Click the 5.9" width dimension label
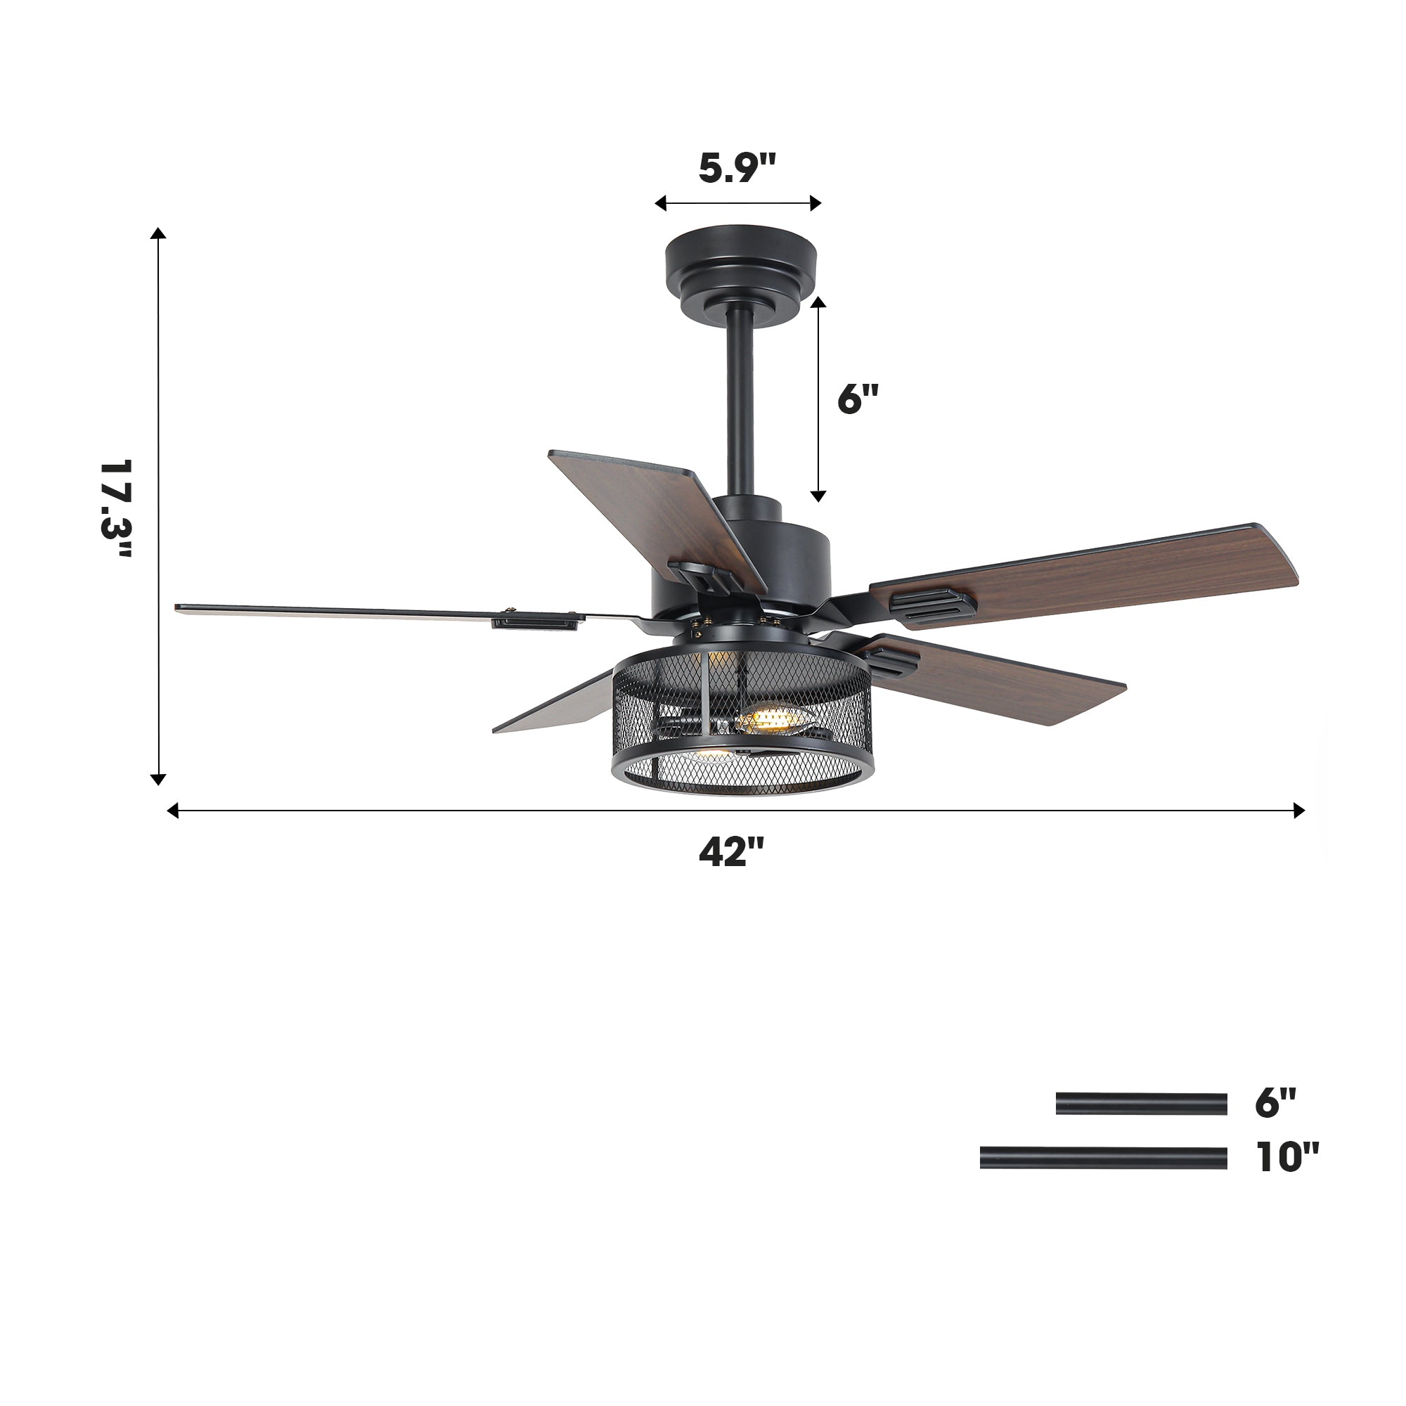(737, 167)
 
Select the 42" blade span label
(731, 851)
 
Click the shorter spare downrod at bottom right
(1141, 1103)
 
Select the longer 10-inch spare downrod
(1103, 1157)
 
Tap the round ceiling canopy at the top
(741, 269)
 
